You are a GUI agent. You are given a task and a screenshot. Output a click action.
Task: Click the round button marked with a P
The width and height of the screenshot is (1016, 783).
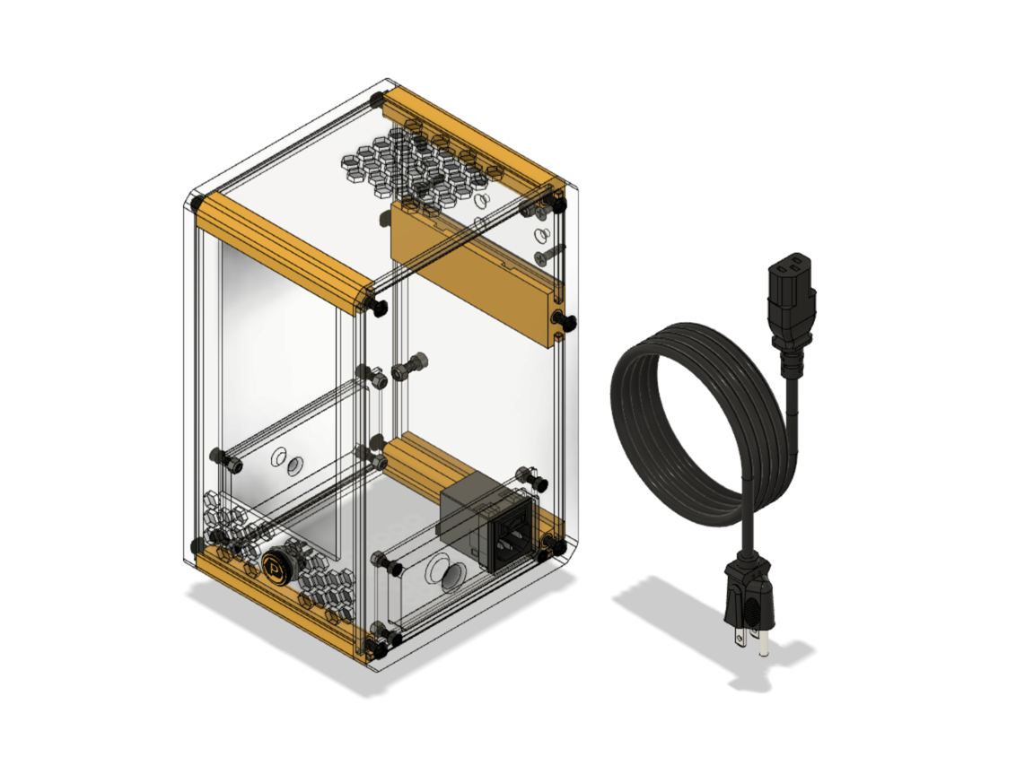pos(275,568)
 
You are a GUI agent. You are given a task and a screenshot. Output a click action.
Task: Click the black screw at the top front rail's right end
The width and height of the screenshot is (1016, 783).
pos(376,308)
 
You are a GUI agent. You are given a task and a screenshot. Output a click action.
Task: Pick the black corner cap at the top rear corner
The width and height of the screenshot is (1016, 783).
pos(378,97)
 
